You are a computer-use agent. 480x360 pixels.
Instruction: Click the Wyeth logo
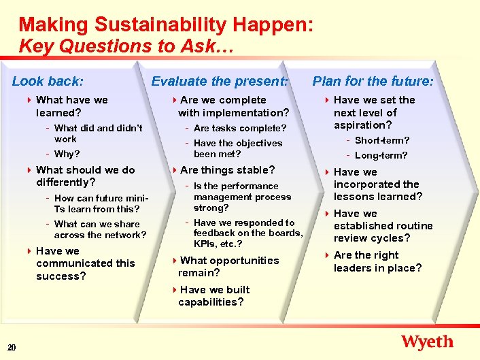point(427,342)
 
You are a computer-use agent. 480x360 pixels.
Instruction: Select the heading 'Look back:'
point(48,82)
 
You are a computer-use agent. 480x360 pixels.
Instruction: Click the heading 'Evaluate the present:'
point(220,82)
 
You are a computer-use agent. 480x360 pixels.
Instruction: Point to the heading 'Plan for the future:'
point(373,82)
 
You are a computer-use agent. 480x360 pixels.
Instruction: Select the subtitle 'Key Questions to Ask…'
point(126,46)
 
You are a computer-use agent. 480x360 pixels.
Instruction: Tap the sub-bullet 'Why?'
point(67,154)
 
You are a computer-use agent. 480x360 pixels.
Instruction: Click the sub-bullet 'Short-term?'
point(382,140)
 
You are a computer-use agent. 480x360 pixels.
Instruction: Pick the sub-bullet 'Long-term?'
point(381,155)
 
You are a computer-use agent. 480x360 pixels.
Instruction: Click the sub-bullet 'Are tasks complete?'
point(240,128)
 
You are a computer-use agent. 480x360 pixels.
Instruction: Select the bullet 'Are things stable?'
point(228,170)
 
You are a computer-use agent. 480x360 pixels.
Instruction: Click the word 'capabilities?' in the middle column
point(211,302)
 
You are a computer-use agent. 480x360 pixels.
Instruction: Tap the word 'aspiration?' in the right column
point(362,125)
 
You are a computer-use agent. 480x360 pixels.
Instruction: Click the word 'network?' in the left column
point(126,235)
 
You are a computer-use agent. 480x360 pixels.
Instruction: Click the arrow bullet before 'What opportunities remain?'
point(174,261)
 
